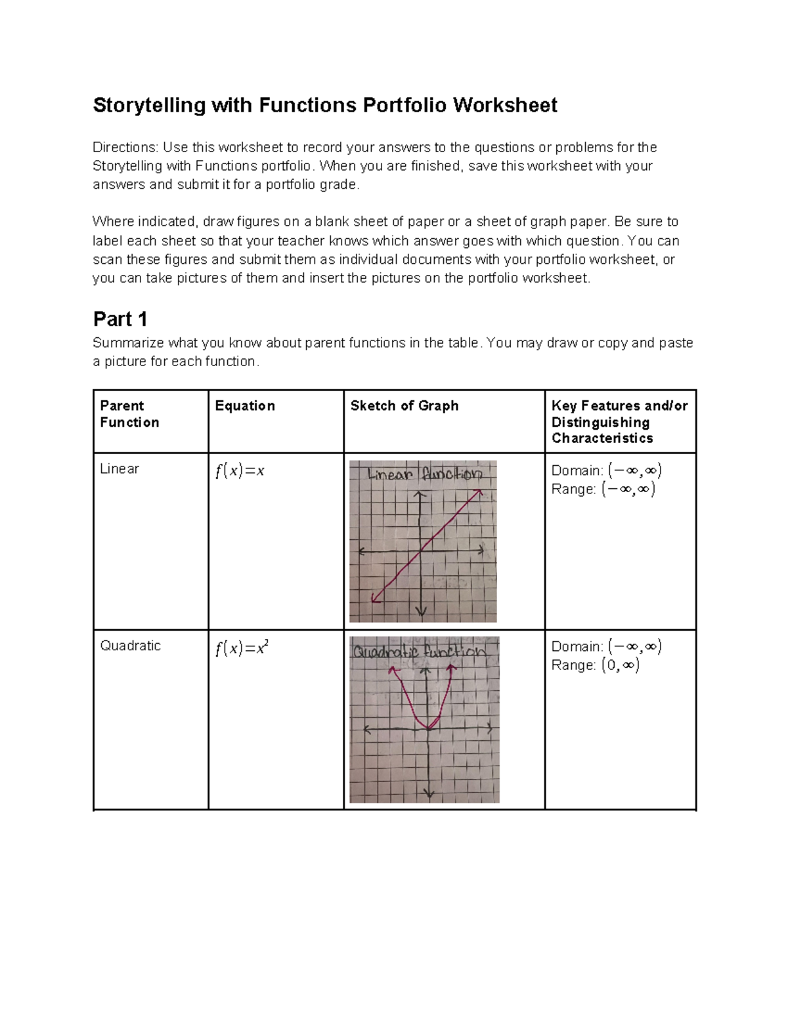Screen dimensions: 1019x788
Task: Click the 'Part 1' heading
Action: (120, 320)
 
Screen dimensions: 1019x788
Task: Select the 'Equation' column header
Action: (245, 406)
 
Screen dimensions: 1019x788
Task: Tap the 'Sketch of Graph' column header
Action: (405, 406)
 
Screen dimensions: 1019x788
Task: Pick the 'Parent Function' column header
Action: (129, 414)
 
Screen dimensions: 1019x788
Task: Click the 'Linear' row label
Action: (120, 469)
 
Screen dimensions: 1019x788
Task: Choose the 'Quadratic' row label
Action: (130, 646)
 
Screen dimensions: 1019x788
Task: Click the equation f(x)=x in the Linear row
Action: (240, 471)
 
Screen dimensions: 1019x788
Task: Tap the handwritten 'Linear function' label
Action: (425, 474)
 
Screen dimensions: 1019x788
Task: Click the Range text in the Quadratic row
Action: (595, 665)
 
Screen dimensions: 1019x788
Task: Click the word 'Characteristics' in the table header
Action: (602, 438)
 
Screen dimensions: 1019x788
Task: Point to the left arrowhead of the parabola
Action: (393, 670)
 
